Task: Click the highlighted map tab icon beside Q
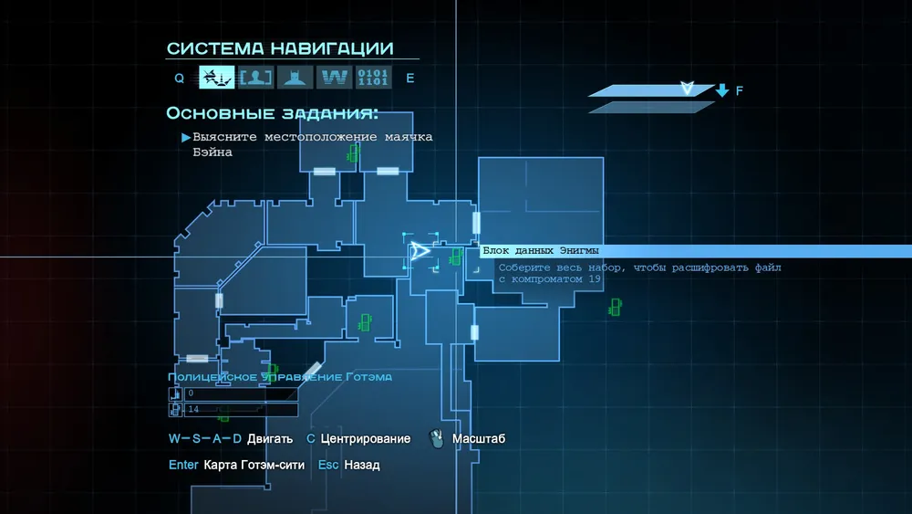click(x=216, y=78)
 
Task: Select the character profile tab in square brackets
click(x=255, y=78)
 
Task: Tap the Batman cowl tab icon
click(x=295, y=78)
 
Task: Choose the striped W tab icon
click(x=334, y=78)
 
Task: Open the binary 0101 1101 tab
click(x=373, y=78)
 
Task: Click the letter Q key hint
click(x=180, y=79)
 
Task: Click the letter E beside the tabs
click(x=410, y=79)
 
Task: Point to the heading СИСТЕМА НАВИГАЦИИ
click(x=280, y=48)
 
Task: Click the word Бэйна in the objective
click(x=212, y=152)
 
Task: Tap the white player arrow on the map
click(x=420, y=251)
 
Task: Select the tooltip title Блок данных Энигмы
click(x=541, y=251)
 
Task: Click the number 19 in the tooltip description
click(x=594, y=279)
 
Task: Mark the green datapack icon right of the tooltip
click(x=615, y=308)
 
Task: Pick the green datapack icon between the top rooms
click(x=352, y=154)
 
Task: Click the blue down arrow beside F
click(x=722, y=90)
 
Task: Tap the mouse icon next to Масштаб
click(x=436, y=439)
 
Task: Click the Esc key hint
click(x=328, y=465)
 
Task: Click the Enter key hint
click(x=183, y=465)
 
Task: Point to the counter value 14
click(x=193, y=409)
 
